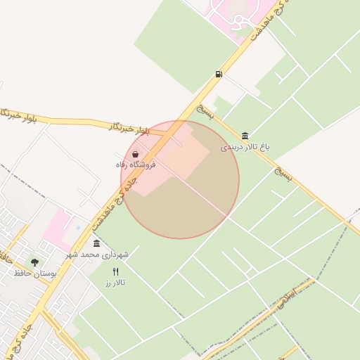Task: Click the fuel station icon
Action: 219,74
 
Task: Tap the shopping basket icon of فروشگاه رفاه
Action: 135,154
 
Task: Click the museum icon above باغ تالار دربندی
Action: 245,136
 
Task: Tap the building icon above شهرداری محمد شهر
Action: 96,243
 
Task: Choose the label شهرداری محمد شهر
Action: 98,253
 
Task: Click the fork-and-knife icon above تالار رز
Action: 115,271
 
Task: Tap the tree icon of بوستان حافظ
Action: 34,262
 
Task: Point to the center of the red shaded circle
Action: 180,179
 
